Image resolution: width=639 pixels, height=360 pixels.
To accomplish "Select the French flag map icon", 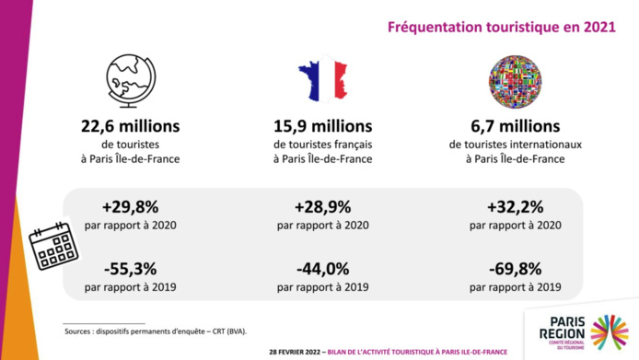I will click(321, 81).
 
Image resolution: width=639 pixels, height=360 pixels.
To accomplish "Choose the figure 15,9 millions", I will click(322, 125).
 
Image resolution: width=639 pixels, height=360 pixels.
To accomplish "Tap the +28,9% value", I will click(322, 206).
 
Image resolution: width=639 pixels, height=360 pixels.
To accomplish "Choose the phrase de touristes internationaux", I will click(516, 145).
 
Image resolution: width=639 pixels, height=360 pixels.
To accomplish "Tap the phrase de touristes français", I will click(322, 145).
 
